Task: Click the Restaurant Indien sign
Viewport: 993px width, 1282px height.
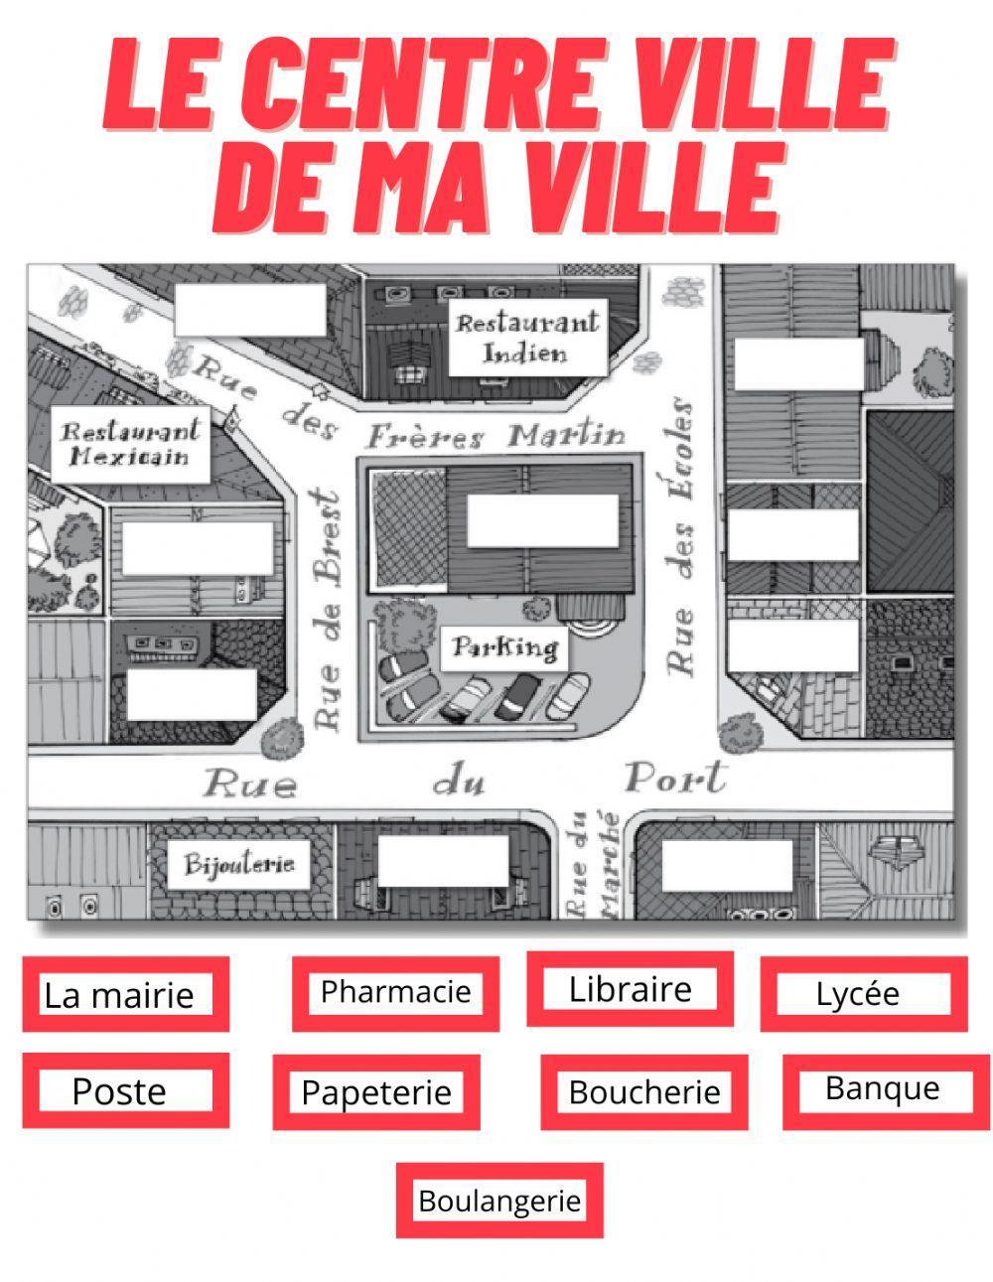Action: point(526,338)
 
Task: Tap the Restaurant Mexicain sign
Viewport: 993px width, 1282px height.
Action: point(130,444)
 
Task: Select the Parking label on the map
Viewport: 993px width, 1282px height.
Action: point(504,648)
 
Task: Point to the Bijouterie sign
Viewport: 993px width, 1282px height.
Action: point(239,864)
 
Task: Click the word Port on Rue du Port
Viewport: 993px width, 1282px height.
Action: point(675,779)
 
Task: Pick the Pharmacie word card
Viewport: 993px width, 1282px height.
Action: point(395,991)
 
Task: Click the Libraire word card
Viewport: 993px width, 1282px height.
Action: point(630,989)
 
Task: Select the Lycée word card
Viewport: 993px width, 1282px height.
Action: point(858,994)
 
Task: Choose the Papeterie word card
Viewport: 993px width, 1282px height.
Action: point(376,1092)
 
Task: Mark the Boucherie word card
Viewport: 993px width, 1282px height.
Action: point(643,1092)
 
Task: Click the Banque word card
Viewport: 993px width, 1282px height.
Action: point(882,1089)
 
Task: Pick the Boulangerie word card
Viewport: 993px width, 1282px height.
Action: point(498,1201)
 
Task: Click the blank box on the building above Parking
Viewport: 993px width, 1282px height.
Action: point(542,521)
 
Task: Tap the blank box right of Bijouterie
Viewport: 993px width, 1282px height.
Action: point(443,861)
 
